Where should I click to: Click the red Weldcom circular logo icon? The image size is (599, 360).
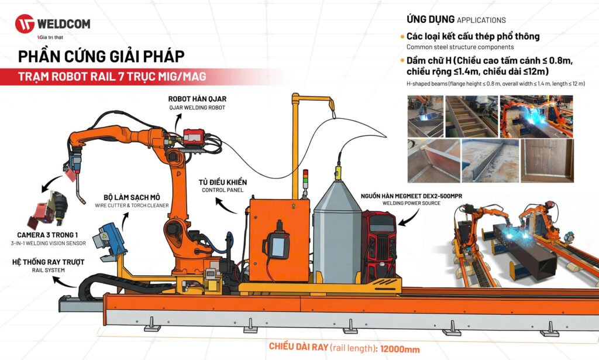coord(25,23)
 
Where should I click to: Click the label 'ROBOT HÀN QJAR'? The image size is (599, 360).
coord(197,99)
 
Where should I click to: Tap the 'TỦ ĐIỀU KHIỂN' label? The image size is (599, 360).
coord(223,182)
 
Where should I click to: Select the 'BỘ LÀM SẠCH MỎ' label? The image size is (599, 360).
coord(132,197)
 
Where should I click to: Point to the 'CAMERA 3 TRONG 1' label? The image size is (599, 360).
coord(47,235)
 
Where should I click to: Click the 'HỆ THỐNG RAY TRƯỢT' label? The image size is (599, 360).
coord(48,262)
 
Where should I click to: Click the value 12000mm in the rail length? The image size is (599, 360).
coord(400,349)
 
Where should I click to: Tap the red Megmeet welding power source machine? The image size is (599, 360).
coord(379,246)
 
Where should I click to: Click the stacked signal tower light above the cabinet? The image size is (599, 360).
coord(305,180)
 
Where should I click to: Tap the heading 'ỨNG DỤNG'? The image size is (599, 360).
coord(431,19)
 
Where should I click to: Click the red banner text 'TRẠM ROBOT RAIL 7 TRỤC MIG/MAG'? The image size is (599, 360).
coord(112,77)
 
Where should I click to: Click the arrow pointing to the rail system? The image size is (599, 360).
coord(63,282)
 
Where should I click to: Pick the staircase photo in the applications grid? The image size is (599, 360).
coord(471,116)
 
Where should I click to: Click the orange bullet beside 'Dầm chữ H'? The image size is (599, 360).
coord(402,60)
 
